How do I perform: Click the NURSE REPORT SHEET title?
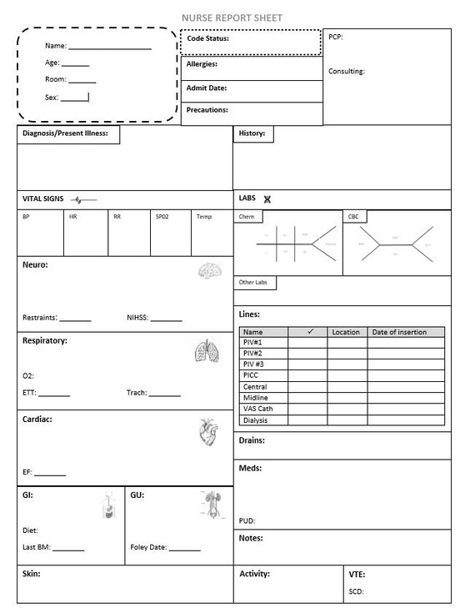point(237,17)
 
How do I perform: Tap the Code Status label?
point(208,38)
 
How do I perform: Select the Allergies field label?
point(202,64)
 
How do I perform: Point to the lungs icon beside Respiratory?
point(205,351)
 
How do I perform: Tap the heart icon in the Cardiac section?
point(207,431)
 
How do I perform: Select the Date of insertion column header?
point(399,332)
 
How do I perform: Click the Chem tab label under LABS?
point(248,217)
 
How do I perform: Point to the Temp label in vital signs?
point(204,217)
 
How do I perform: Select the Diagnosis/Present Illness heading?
point(65,133)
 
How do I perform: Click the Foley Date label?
point(149,548)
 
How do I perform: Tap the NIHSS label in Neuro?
point(137,318)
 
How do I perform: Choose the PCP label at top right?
point(335,37)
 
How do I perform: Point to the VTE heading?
point(357,575)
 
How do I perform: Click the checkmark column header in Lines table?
point(308,332)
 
